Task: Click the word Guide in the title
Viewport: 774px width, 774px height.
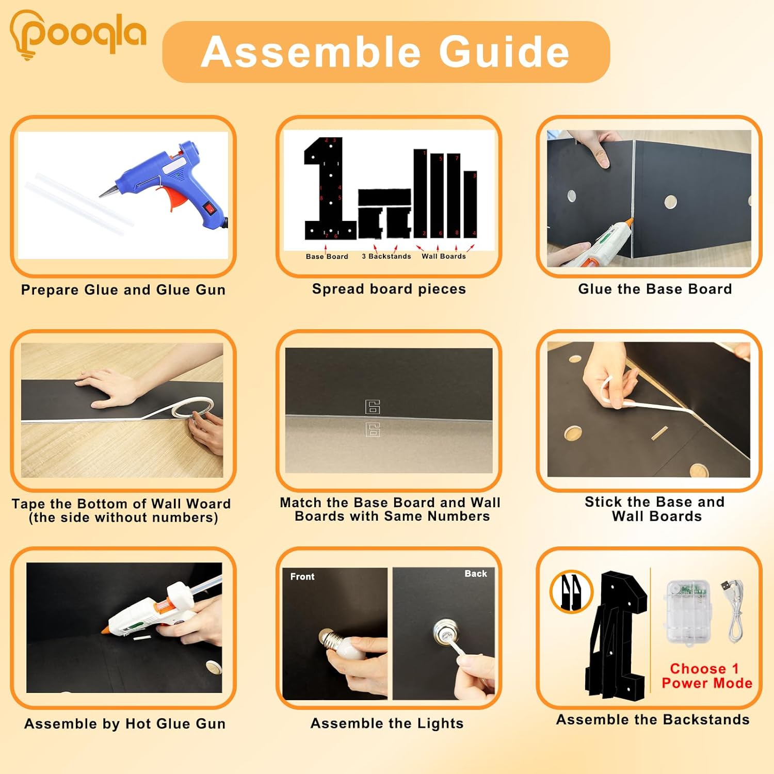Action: click(504, 52)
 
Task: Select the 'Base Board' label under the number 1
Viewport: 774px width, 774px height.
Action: click(327, 256)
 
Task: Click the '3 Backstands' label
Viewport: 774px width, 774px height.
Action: click(386, 256)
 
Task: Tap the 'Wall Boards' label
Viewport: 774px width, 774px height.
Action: click(444, 256)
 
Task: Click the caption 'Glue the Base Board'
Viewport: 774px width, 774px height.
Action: click(655, 289)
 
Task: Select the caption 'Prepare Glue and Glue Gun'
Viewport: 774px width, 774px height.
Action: click(123, 290)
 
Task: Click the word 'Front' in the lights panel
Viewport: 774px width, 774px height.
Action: click(302, 576)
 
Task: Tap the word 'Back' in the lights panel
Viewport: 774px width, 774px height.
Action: click(475, 574)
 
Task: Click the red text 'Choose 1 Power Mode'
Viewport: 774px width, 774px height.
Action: click(706, 676)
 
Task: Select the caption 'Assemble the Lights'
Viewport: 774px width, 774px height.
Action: click(387, 723)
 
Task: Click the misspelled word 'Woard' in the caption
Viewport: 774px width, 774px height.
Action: click(208, 504)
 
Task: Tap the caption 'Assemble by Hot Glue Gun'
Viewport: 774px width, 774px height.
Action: click(125, 724)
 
